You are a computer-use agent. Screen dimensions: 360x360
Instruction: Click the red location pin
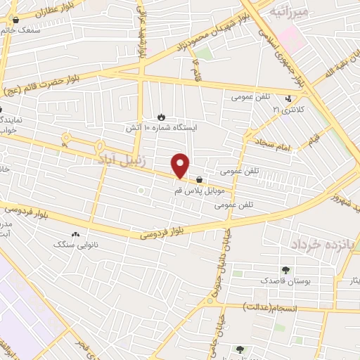pyautogui.click(x=181, y=165)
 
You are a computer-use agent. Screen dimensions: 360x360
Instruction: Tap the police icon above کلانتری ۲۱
pyautogui.click(x=289, y=98)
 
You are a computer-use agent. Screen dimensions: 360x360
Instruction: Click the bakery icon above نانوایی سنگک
pyautogui.click(x=75, y=234)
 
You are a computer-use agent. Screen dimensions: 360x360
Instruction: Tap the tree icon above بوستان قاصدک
pyautogui.click(x=285, y=269)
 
